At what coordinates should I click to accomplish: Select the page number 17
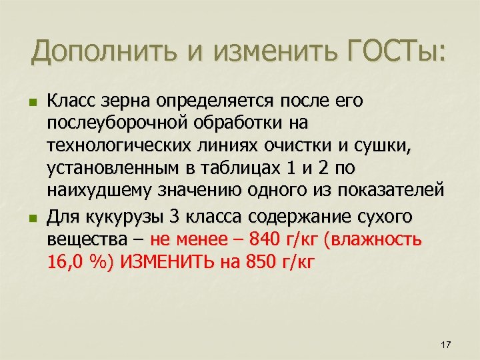[x=446, y=344]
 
